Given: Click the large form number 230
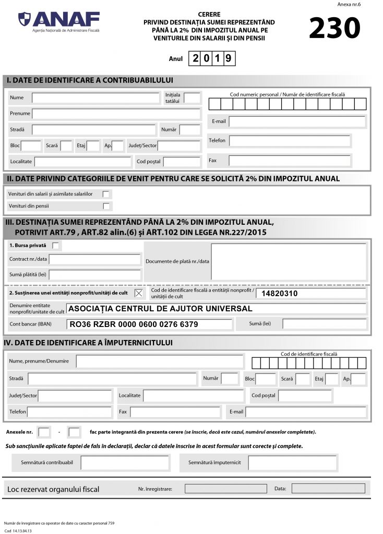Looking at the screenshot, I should point(334,28).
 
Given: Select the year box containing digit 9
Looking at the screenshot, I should point(228,58).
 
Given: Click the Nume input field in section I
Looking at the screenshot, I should point(95,98).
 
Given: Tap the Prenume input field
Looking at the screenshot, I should point(116,114).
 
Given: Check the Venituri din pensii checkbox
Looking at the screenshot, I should point(106,206).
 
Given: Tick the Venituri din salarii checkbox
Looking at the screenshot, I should point(106,194).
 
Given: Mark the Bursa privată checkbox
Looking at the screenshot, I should point(56,245).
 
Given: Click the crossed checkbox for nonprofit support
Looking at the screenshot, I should point(138,293).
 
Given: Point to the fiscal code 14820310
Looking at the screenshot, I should point(280,294).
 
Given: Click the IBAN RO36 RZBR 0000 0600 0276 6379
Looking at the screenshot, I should point(134,324).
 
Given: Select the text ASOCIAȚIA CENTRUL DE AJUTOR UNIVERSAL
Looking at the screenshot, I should point(161,309).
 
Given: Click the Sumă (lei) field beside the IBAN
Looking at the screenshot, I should point(324,324).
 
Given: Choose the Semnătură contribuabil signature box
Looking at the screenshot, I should point(125,463).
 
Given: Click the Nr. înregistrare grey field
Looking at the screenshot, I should point(226,489).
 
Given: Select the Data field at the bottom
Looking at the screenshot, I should point(328,489).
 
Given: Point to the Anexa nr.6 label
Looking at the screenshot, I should point(349,4).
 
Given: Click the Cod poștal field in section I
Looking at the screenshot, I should point(182,162).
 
